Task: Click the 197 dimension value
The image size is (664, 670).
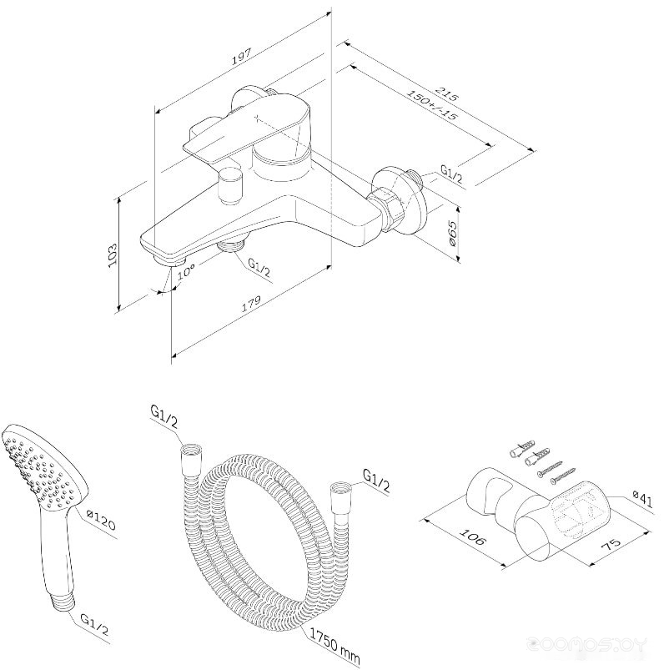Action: pos(243,57)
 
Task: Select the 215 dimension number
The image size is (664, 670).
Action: pos(446,94)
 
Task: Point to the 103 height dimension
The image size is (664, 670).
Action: pos(112,255)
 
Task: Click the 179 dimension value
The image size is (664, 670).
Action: pos(251,303)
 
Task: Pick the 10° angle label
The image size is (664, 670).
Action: pos(186,270)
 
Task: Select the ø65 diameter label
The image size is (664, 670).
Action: pos(453,235)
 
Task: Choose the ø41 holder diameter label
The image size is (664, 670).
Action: pos(642,499)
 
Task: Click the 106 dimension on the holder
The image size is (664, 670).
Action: pos(472,537)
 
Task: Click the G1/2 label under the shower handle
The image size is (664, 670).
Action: pos(94,625)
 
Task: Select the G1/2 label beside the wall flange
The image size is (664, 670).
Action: pos(451,174)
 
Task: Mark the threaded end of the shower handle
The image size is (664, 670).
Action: pos(63,603)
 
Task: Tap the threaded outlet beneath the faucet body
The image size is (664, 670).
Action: pos(230,246)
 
